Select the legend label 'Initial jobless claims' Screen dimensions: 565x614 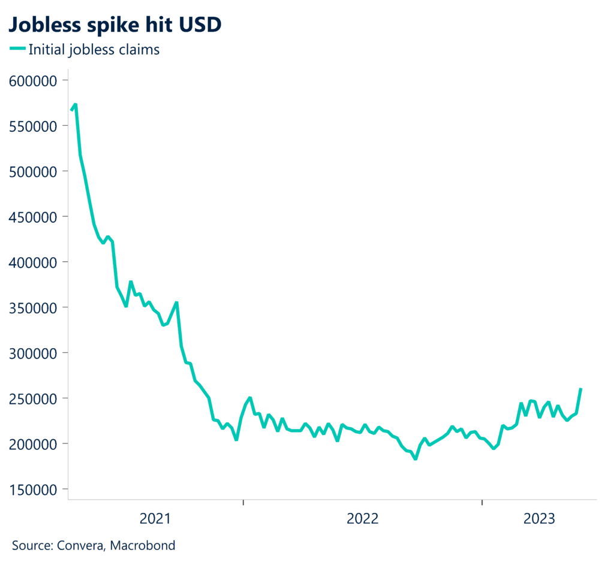94,50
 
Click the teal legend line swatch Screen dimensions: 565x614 17,50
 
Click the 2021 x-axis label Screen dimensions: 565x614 155,518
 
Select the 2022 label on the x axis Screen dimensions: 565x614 363,518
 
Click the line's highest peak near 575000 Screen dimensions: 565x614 76,105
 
